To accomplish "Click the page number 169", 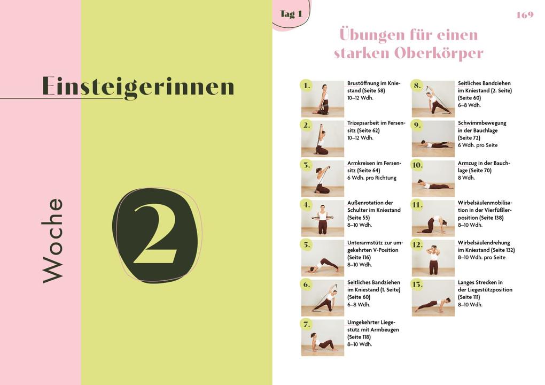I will point(525,15).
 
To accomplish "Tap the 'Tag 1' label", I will point(291,14).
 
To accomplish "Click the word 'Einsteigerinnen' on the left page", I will point(138,87).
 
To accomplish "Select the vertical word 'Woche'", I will point(53,240).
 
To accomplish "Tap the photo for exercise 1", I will point(323,98).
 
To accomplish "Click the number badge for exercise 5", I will point(306,245).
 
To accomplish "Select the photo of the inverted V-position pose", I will point(323,258).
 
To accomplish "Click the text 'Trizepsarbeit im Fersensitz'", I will point(376,126).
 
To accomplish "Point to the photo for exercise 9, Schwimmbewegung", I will point(433,138).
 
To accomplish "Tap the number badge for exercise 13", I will point(417,284).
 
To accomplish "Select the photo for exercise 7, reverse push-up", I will point(323,337).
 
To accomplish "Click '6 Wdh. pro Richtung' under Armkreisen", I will point(372,178).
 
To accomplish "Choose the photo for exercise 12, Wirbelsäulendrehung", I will point(433,258).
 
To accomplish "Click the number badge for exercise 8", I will point(417,86).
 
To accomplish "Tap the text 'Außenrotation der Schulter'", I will point(370,206).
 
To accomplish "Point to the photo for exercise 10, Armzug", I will point(433,178).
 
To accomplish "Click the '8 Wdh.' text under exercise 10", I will point(466,178).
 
